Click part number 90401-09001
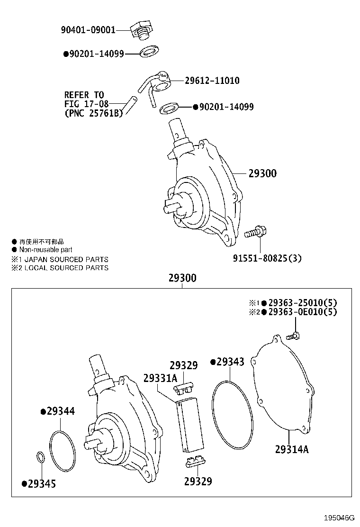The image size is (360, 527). [88, 30]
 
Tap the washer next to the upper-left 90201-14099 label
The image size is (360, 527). [150, 51]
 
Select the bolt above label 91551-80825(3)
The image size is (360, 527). [255, 232]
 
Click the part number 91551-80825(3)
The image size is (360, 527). [267, 258]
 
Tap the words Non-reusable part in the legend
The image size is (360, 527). [45, 250]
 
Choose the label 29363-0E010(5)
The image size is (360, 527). [303, 312]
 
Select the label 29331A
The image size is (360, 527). [160, 378]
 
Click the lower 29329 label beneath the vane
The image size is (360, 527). [198, 482]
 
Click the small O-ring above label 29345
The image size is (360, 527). [41, 457]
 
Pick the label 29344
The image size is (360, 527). [61, 411]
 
